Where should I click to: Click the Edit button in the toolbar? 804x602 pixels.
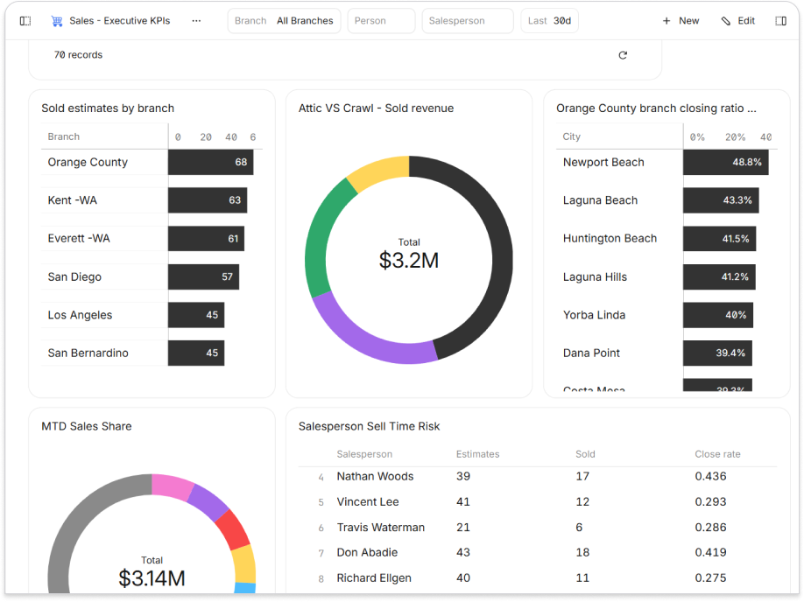click(737, 21)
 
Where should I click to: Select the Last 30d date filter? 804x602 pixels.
click(549, 21)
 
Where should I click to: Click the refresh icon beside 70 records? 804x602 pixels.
click(623, 55)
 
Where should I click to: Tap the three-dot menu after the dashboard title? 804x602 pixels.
click(196, 21)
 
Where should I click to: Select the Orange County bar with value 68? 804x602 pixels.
click(210, 162)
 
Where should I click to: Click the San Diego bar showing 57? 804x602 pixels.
click(203, 276)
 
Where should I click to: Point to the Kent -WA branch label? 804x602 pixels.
click(73, 200)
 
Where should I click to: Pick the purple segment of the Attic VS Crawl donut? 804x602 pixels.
click(368, 338)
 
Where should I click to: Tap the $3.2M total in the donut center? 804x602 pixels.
click(409, 260)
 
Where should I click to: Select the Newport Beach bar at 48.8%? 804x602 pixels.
click(725, 162)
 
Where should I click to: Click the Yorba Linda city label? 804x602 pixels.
click(594, 315)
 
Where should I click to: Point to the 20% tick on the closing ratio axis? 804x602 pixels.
click(735, 137)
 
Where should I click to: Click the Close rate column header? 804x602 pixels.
click(717, 454)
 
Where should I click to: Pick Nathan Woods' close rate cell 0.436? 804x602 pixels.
click(709, 476)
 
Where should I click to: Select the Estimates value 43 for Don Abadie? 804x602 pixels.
click(463, 552)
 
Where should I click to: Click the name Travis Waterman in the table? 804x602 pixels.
click(381, 528)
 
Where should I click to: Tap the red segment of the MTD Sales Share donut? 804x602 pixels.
click(233, 528)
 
